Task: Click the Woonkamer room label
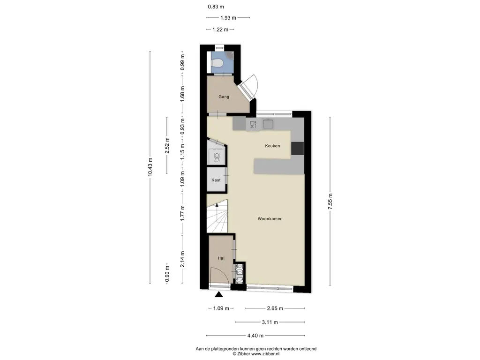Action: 270,218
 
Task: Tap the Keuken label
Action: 272,146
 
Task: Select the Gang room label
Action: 224,97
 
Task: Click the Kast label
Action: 216,180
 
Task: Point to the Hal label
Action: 221,258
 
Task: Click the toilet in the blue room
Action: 217,64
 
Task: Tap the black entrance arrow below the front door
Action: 218,294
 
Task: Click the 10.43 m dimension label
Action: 150,167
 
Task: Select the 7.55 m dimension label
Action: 330,202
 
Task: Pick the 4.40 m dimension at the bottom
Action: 255,336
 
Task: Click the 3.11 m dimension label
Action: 270,322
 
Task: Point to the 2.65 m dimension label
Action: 275,308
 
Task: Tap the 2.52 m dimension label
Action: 167,145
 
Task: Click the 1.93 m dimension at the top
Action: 228,18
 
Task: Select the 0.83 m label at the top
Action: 216,7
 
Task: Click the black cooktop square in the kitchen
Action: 297,149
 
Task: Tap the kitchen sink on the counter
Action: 268,124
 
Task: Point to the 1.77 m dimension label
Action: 182,213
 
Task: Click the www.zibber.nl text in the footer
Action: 265,354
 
